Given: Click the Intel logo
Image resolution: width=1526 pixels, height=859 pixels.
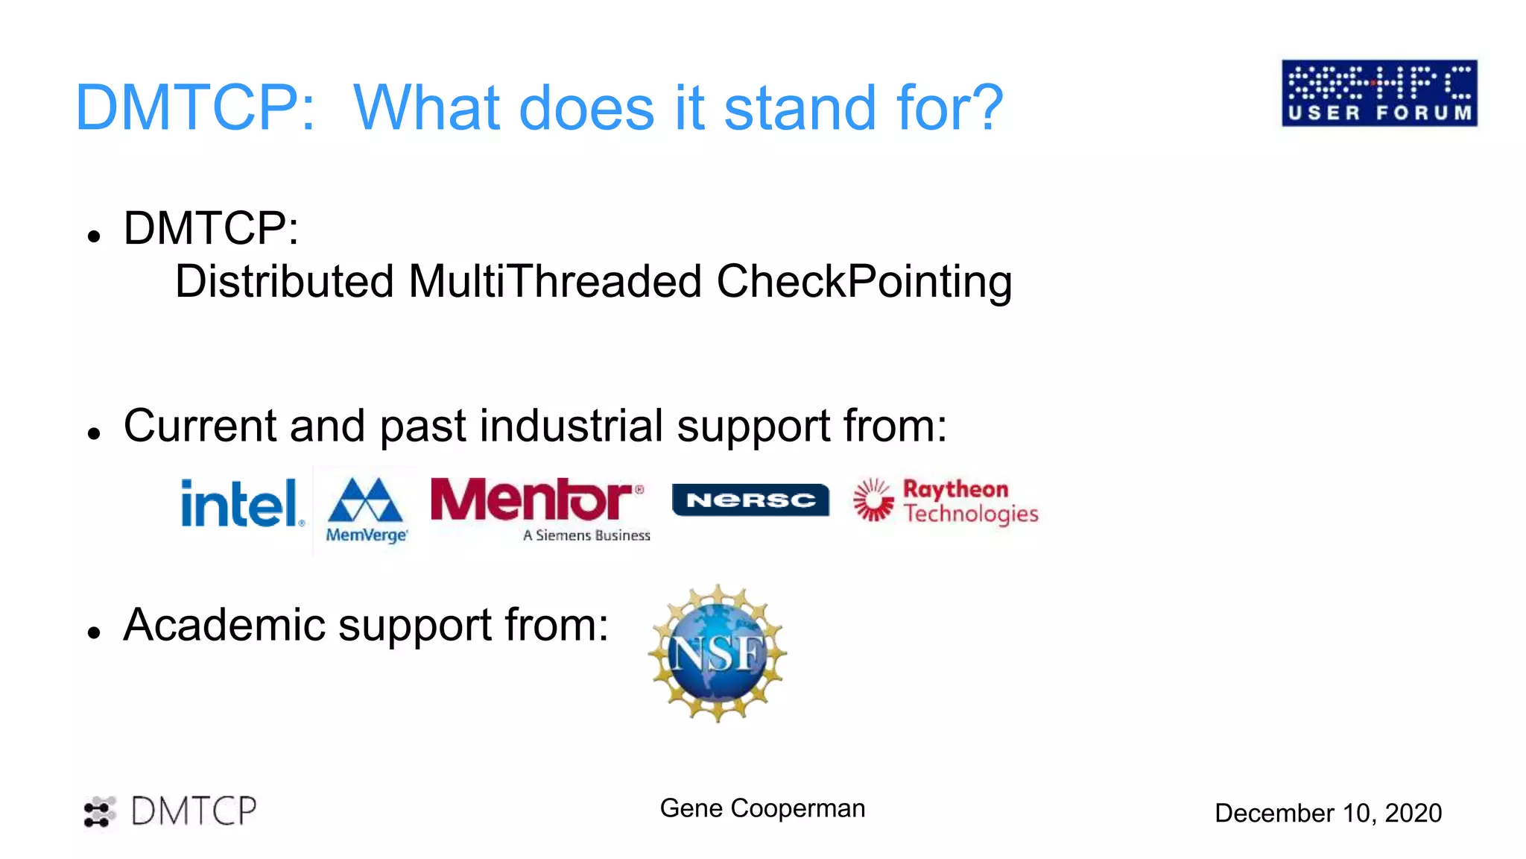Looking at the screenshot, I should click(241, 503).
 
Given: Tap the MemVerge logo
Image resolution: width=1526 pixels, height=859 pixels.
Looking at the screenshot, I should click(366, 509).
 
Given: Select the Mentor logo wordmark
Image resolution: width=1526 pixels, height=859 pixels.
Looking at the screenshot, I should click(532, 500).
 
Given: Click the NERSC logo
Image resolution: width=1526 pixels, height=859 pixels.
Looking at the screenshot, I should click(750, 500).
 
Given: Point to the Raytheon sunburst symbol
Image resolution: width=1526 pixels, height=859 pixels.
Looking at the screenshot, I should click(873, 500).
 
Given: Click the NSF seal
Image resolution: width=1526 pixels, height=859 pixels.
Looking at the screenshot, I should click(718, 653).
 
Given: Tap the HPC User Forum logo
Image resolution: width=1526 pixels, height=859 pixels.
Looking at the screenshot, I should click(1379, 93).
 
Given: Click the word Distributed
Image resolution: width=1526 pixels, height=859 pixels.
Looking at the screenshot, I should click(284, 282).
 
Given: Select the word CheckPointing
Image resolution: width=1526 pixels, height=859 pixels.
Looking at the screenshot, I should click(864, 282).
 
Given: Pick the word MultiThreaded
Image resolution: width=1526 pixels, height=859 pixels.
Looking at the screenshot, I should click(555, 282).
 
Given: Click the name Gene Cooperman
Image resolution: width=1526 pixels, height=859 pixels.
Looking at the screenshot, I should click(762, 808).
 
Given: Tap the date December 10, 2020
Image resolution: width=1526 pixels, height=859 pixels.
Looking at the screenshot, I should click(1328, 813).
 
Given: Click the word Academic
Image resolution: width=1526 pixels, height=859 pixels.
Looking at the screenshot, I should click(224, 625).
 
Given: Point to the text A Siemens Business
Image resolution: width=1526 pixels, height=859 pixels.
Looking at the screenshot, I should click(586, 535).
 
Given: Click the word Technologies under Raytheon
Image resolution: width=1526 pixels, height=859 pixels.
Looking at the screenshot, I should click(970, 515).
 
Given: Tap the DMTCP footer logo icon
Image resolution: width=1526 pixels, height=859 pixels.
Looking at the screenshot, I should click(99, 812).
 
